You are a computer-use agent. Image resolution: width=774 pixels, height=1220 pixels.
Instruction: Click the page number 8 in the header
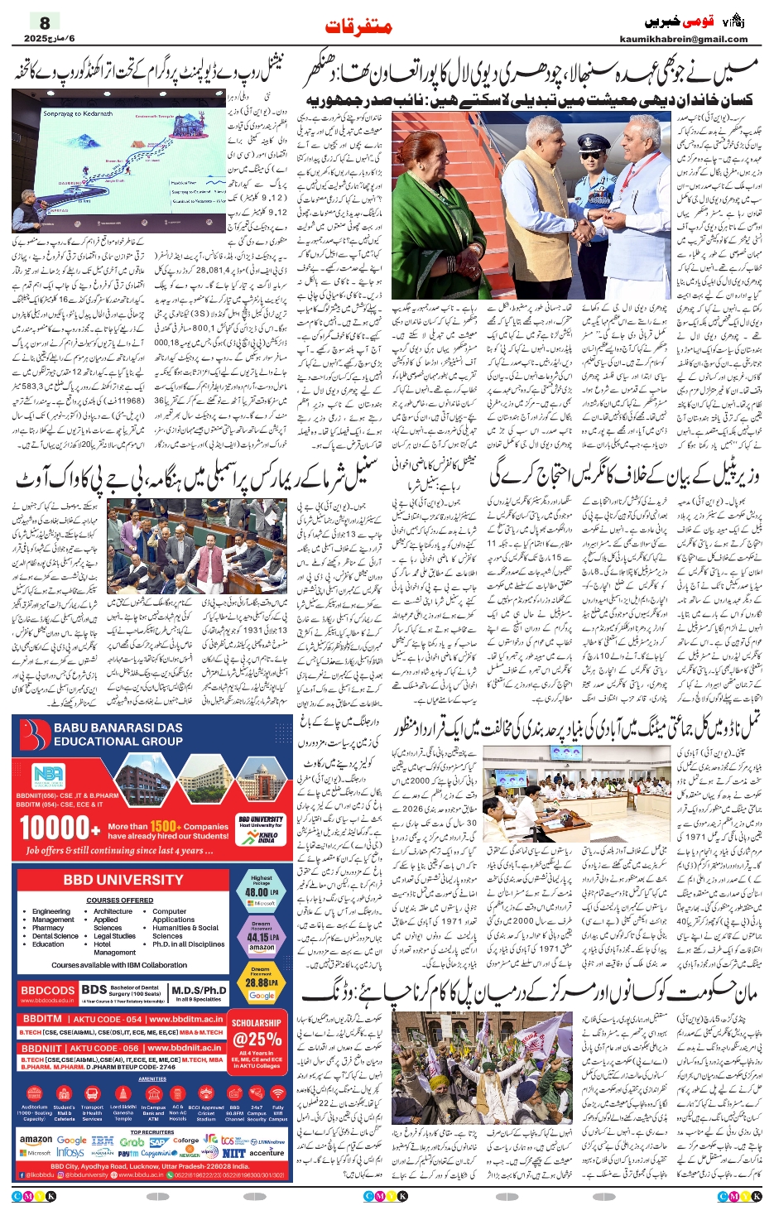[x=45, y=22]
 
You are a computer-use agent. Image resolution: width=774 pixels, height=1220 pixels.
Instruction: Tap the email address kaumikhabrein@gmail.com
[x=683, y=39]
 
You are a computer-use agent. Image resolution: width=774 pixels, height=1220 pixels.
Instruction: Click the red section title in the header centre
[x=358, y=26]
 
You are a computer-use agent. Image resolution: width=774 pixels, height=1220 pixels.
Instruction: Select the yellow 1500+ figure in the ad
[x=165, y=826]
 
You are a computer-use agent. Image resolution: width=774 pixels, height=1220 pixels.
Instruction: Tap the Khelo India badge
[x=262, y=837]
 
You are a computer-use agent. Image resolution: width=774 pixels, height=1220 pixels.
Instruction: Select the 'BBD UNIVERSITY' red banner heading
[x=123, y=880]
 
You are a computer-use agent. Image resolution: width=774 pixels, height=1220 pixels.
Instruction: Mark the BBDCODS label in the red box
[x=47, y=990]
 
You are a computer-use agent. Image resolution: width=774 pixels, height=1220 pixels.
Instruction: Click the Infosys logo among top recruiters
[x=70, y=1152]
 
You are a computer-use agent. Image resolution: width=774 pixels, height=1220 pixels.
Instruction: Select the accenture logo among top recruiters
[x=266, y=1152]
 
